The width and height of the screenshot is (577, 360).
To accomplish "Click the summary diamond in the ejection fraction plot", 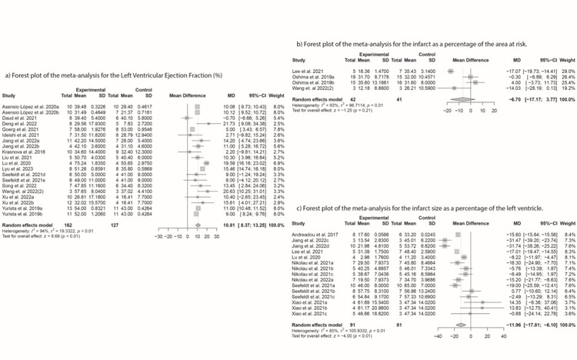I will tap(197, 225).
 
